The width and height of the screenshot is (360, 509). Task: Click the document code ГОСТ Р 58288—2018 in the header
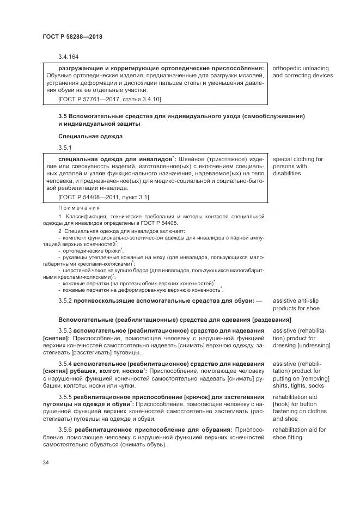[72, 36]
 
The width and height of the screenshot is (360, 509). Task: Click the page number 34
[46, 463]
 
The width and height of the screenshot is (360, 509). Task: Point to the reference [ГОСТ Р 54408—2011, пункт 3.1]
[103, 197]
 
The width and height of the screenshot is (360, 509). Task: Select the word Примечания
[79, 207]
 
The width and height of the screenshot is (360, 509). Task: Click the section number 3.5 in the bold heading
[62, 116]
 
